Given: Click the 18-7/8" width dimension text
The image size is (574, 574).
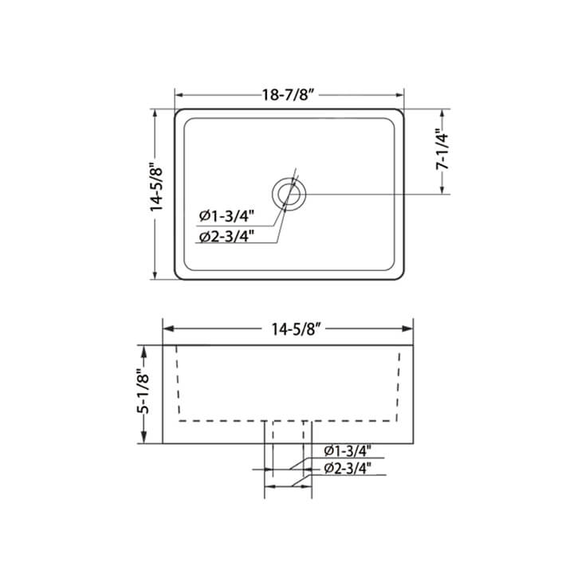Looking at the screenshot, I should point(289,93).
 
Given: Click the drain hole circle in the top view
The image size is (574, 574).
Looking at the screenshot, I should point(288,194).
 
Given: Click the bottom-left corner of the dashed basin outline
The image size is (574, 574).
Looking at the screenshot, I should point(180,419).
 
